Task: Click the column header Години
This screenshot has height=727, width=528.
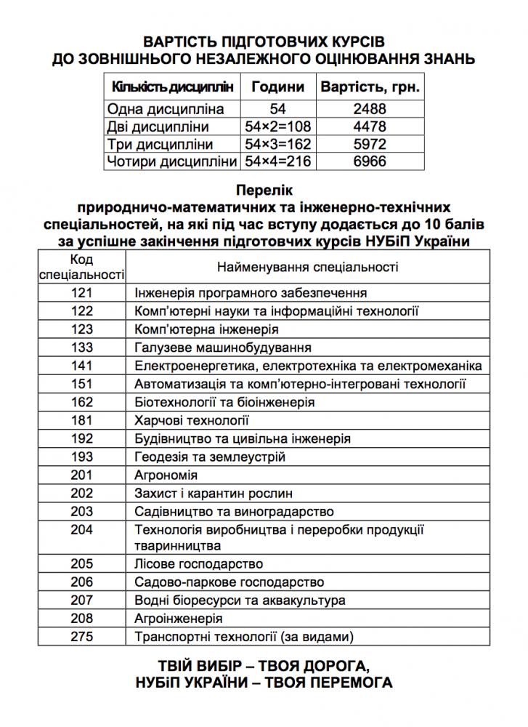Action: click(277, 88)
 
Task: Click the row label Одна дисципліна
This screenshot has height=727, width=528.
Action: click(155, 110)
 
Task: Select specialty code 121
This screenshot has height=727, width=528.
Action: click(83, 293)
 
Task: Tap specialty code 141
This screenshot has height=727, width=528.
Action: click(83, 366)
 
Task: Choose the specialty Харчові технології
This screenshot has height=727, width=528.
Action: click(192, 420)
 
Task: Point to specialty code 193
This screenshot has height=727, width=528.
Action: click(83, 457)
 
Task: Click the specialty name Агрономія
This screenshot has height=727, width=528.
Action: click(166, 475)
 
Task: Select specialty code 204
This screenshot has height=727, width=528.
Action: click(83, 529)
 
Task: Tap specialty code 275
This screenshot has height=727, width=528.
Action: click(83, 637)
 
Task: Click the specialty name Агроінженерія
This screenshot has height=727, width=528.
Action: click(179, 619)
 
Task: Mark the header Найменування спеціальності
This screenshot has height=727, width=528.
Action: click(308, 267)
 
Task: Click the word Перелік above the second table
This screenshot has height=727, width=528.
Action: click(264, 192)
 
